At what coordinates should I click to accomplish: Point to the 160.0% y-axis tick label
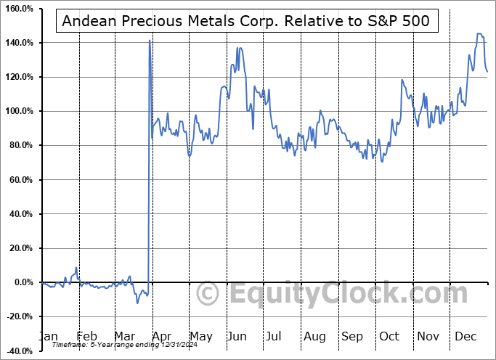click(20, 9)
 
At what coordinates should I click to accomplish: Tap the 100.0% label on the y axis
click(20, 111)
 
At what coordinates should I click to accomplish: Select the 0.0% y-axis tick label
click(23, 282)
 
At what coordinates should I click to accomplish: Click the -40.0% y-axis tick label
click(20, 351)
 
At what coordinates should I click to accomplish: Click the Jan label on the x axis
click(49, 337)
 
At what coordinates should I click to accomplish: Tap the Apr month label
click(162, 337)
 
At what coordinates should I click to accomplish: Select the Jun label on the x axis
click(237, 337)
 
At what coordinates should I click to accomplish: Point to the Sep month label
click(352, 337)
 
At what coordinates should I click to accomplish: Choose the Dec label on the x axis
click(465, 337)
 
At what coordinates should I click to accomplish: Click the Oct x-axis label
click(389, 337)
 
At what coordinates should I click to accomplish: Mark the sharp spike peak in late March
click(150, 41)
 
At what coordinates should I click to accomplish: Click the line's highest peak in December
click(479, 33)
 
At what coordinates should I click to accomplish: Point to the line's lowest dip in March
click(137, 303)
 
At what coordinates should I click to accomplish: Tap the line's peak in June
click(238, 48)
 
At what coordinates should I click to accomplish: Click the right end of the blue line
click(487, 71)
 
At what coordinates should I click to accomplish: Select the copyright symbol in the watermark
click(208, 294)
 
